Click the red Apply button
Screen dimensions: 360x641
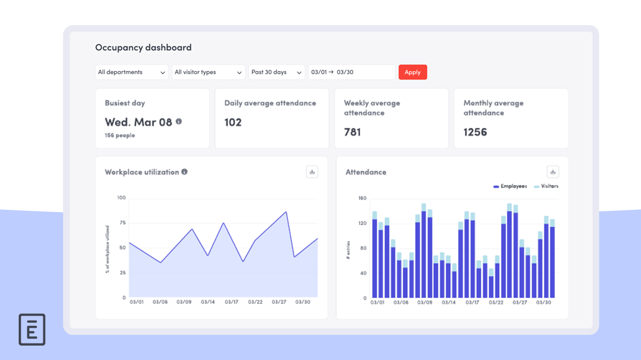pyautogui.click(x=412, y=72)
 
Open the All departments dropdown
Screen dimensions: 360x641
pyautogui.click(x=131, y=72)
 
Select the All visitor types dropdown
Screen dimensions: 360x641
pyautogui.click(x=208, y=72)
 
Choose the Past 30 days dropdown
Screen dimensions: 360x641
pyautogui.click(x=276, y=72)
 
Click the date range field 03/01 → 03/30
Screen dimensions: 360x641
pyautogui.click(x=351, y=72)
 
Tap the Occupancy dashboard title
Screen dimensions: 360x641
pyautogui.click(x=143, y=48)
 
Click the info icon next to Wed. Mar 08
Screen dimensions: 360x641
pyautogui.click(x=179, y=121)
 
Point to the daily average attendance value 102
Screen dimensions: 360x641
pyautogui.click(x=233, y=122)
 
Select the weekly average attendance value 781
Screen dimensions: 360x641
pyautogui.click(x=353, y=132)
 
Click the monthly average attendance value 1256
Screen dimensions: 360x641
pyautogui.click(x=475, y=132)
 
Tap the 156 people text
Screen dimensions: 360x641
pyautogui.click(x=120, y=136)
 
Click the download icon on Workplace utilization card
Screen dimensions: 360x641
pyautogui.click(x=312, y=171)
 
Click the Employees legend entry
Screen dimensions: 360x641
pyautogui.click(x=510, y=186)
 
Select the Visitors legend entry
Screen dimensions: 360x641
pyautogui.click(x=546, y=186)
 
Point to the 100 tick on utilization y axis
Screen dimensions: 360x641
pyautogui.click(x=121, y=198)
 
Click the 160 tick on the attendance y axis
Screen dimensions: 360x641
pyautogui.click(x=362, y=198)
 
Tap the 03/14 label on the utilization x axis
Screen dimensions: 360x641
pyautogui.click(x=208, y=302)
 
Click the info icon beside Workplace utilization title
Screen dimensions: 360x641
pyautogui.click(x=184, y=172)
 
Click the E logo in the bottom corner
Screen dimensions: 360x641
pyautogui.click(x=32, y=330)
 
